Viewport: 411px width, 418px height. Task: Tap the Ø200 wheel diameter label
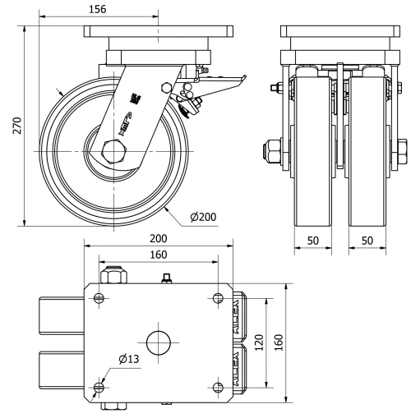202,217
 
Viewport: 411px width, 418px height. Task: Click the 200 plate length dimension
159,238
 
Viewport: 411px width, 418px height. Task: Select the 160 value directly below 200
159,255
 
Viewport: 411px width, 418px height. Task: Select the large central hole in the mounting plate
159,341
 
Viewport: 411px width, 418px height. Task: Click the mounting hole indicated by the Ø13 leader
99,387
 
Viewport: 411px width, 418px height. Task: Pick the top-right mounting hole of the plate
217,297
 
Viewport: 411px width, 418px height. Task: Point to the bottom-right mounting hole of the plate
217,387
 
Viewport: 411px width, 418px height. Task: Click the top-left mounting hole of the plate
99,297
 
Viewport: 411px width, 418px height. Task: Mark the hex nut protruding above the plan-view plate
112,271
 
